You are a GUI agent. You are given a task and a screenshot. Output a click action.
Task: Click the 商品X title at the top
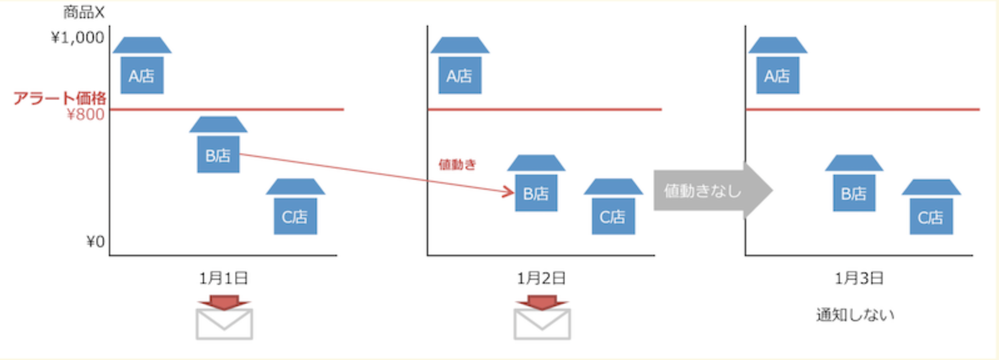point(84,12)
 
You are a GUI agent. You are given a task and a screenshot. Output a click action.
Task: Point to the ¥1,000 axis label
point(78,38)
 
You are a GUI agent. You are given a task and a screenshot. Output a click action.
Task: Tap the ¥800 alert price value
point(86,114)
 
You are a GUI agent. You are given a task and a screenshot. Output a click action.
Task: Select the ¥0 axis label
point(95,241)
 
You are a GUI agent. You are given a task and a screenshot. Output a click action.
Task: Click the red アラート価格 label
point(60,98)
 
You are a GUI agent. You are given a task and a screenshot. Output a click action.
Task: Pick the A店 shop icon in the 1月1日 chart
point(142,68)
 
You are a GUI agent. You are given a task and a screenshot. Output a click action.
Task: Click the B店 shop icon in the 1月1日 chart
point(218,147)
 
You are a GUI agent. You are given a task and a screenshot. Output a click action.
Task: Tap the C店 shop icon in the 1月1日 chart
point(295,208)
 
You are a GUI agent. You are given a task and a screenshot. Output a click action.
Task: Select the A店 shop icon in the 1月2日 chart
point(460,68)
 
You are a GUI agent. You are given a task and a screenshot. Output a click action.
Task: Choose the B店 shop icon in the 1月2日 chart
point(536,185)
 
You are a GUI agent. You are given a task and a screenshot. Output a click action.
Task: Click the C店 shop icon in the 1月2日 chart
point(613,208)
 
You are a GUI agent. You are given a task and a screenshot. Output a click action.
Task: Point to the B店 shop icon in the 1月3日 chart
point(854,185)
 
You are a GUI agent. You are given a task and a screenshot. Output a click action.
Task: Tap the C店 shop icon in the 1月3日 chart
point(931,208)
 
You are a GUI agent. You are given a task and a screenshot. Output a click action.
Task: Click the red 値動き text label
point(458,165)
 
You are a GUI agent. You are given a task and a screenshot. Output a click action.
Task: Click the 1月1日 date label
point(223,278)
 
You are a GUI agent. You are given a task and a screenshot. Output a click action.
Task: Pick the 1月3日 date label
point(859,278)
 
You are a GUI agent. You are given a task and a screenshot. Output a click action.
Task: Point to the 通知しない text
point(855,315)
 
